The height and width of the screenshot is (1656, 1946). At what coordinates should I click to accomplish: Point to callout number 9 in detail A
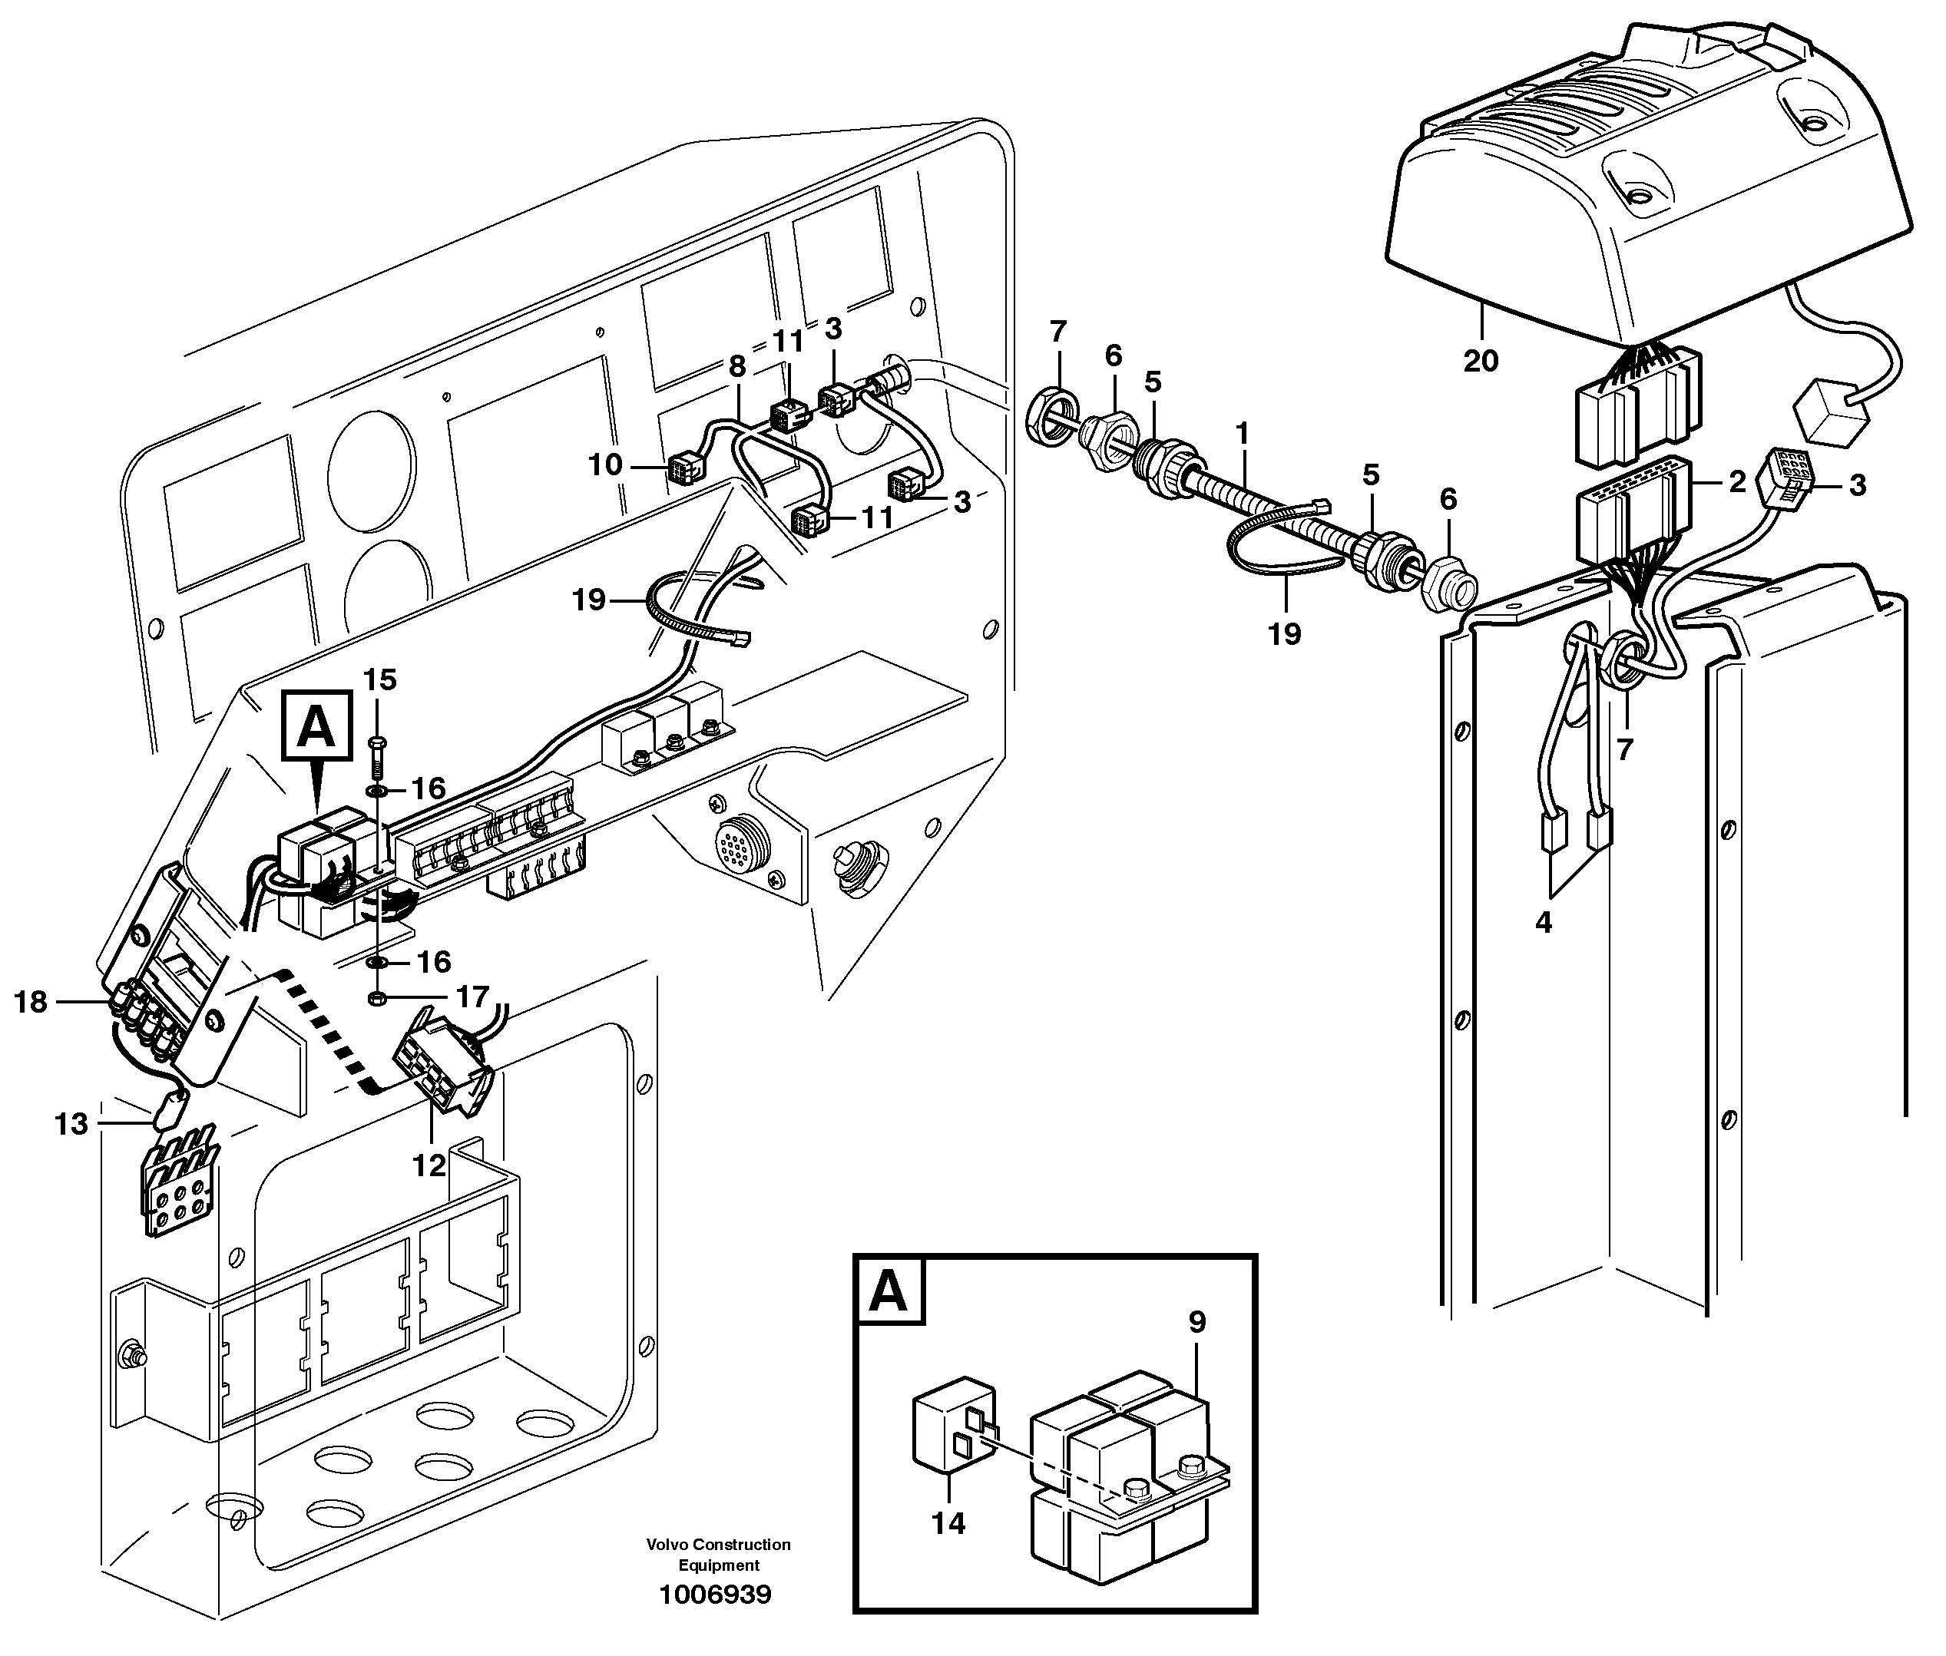1196,1322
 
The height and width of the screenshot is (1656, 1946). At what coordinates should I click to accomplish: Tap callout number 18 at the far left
31,1002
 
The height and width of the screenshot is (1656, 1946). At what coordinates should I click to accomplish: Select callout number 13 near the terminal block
71,1124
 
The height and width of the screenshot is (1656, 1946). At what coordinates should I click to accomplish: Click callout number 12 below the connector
429,1165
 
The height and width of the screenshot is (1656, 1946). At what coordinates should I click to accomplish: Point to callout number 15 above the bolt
380,679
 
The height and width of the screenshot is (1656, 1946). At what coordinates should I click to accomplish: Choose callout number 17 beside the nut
472,994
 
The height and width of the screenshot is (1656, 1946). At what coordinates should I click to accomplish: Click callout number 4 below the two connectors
1543,922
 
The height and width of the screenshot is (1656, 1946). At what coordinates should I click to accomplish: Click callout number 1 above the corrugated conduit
1243,434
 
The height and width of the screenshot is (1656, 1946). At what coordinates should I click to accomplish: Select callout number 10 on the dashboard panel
606,464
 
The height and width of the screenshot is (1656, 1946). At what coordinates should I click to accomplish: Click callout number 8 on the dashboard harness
736,365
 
